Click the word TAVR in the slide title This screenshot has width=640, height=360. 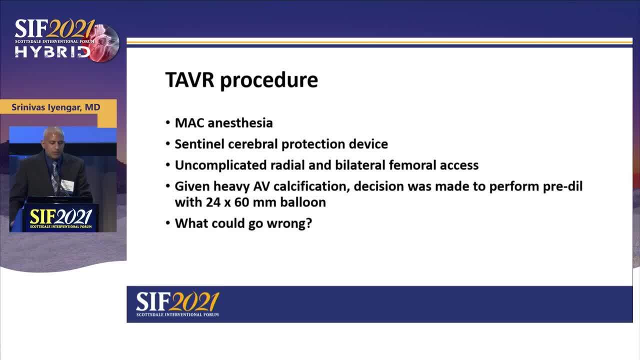click(x=189, y=79)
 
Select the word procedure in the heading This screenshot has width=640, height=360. click(x=269, y=81)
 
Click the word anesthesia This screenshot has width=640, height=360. click(x=240, y=123)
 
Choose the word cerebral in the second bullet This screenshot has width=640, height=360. click(x=252, y=144)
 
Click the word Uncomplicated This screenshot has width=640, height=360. click(x=220, y=165)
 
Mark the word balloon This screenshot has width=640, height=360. click(x=303, y=202)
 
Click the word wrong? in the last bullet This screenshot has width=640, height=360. click(x=289, y=223)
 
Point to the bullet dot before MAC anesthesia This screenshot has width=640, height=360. click(x=168, y=122)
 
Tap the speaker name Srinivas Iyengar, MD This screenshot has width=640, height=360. click(x=56, y=107)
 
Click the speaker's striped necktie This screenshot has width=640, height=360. click(x=55, y=177)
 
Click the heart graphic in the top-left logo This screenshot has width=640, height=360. click(x=104, y=43)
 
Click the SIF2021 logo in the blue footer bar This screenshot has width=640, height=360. click(x=177, y=304)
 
